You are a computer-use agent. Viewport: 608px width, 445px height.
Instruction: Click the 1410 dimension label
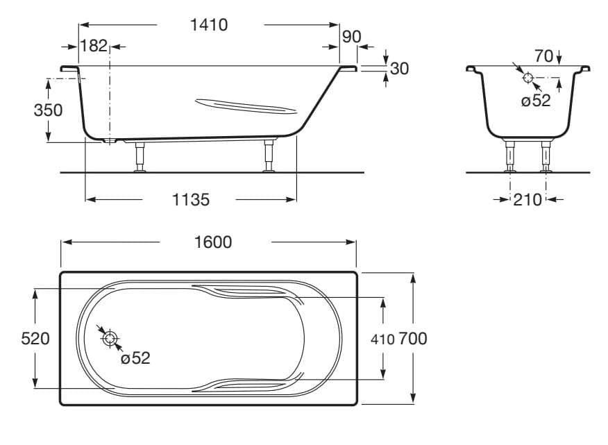[210, 25]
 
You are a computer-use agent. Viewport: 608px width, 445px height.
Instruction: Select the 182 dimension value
[94, 47]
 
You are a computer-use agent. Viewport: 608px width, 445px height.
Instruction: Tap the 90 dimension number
[351, 36]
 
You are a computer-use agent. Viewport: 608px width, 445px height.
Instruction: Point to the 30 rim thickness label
[399, 68]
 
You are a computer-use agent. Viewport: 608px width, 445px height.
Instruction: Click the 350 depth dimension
[49, 110]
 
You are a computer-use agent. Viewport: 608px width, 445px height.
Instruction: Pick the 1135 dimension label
[190, 200]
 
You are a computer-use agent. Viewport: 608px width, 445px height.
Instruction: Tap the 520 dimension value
[35, 339]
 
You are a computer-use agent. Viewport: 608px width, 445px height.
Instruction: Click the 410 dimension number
[382, 339]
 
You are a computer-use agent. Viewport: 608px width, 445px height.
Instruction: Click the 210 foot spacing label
[527, 200]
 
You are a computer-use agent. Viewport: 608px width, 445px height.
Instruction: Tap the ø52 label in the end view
[535, 100]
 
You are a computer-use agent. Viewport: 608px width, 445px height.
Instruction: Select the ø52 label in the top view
[135, 358]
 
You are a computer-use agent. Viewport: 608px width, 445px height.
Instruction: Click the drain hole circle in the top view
[110, 339]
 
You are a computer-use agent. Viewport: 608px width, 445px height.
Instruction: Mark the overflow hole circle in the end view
[527, 77]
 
